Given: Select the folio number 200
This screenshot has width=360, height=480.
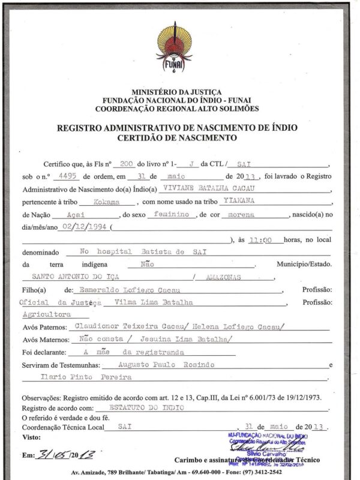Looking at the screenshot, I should [126, 163].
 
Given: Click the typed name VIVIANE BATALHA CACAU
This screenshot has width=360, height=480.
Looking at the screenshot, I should [197, 189].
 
